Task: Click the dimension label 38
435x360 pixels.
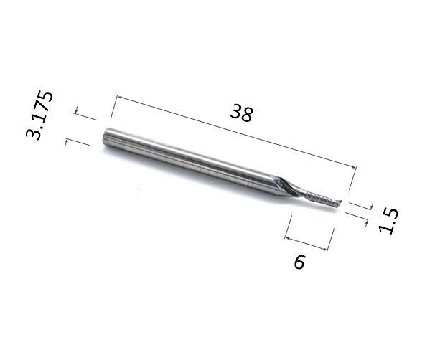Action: pyautogui.click(x=241, y=113)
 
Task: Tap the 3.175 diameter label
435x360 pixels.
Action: pyautogui.click(x=39, y=115)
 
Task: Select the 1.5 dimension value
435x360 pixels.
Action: pyautogui.click(x=388, y=222)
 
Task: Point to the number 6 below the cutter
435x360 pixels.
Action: pyautogui.click(x=299, y=262)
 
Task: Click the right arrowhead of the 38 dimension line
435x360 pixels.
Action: pyautogui.click(x=354, y=167)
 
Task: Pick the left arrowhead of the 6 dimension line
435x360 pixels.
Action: pyautogui.click(x=288, y=237)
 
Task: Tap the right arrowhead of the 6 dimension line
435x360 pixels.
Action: pyautogui.click(x=325, y=249)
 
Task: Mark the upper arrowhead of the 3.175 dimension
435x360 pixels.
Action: pyautogui.click(x=76, y=110)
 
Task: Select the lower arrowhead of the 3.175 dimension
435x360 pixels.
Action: pyautogui.click(x=66, y=142)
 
